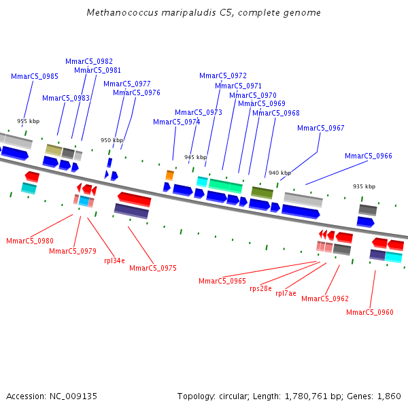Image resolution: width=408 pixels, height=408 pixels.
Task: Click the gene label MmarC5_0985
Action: click(x=34, y=77)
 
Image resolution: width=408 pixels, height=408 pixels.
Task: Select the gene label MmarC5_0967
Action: click(x=320, y=128)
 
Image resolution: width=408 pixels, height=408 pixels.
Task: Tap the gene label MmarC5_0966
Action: click(x=368, y=156)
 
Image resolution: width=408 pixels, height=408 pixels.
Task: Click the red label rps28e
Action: click(x=260, y=288)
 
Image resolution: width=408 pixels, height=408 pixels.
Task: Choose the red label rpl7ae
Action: click(x=286, y=293)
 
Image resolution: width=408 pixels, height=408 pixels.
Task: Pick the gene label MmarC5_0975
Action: click(x=153, y=268)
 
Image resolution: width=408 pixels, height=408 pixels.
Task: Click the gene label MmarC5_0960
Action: click(x=369, y=312)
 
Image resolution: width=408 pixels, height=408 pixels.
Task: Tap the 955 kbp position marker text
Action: click(x=28, y=121)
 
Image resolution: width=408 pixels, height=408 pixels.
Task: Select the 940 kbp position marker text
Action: click(x=279, y=173)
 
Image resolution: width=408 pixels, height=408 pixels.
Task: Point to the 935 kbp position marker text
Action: click(x=364, y=186)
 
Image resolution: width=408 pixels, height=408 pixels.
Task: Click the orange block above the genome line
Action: click(x=169, y=175)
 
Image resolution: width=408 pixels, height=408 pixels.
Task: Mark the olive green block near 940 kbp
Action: click(x=262, y=192)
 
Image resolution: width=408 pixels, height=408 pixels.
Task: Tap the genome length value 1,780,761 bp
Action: click(x=292, y=396)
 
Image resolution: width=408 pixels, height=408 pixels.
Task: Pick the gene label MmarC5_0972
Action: click(x=223, y=75)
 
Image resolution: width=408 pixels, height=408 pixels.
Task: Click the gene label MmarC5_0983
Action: click(x=66, y=98)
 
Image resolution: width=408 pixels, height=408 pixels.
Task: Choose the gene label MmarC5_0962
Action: click(x=325, y=299)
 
